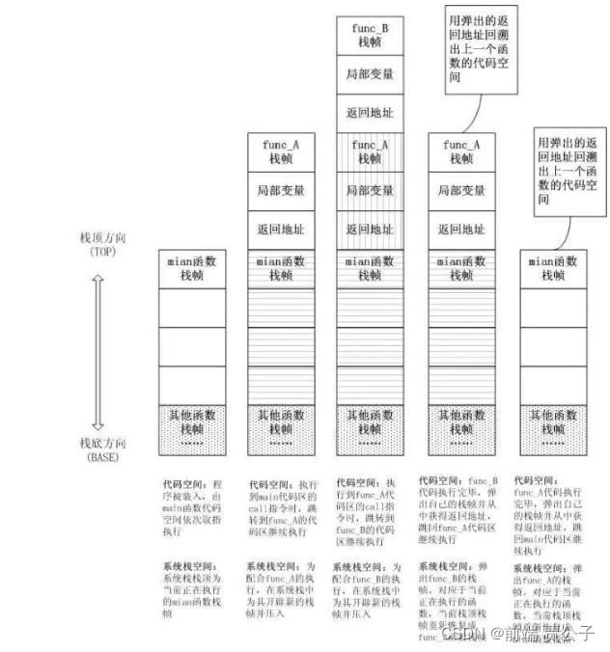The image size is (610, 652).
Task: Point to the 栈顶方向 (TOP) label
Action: click(99, 243)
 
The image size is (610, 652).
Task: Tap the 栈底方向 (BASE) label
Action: click(100, 448)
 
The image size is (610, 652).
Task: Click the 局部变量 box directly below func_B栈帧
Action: click(368, 74)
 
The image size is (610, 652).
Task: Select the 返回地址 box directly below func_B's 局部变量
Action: click(368, 114)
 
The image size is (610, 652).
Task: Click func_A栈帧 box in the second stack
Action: click(281, 151)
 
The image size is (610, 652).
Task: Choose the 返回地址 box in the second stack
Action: click(281, 230)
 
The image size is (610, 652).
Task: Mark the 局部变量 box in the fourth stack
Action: click(460, 191)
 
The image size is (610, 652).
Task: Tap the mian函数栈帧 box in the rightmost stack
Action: click(552, 268)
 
